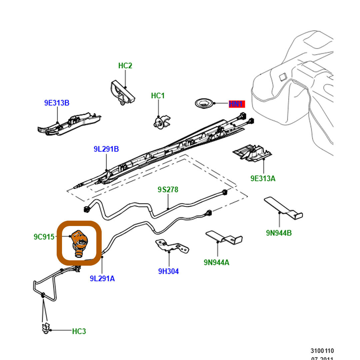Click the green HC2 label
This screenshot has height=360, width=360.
click(x=125, y=66)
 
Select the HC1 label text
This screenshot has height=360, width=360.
click(x=158, y=96)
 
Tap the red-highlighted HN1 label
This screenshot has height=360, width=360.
click(x=237, y=104)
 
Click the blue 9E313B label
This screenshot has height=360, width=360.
click(x=57, y=103)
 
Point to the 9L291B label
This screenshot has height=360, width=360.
click(x=106, y=149)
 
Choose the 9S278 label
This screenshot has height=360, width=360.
click(x=168, y=190)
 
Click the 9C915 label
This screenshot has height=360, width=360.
click(x=44, y=237)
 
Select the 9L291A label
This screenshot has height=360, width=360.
click(x=102, y=278)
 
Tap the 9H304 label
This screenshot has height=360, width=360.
click(x=168, y=271)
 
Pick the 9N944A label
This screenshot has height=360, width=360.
click(x=217, y=262)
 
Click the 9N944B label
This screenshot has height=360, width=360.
click(x=279, y=233)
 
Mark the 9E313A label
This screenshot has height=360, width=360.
click(x=263, y=178)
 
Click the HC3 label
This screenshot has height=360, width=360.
click(x=79, y=331)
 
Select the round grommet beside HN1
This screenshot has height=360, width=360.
click(x=203, y=103)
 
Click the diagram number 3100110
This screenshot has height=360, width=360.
click(x=322, y=351)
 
